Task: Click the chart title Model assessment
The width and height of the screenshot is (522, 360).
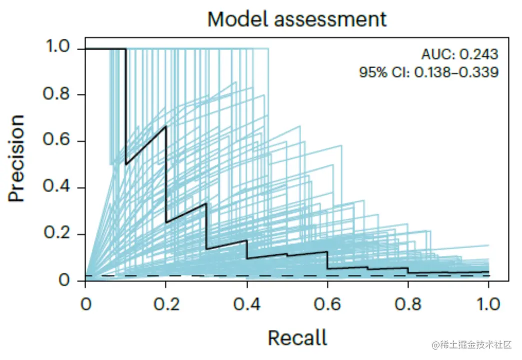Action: (x=297, y=19)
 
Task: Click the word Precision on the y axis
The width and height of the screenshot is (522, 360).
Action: (x=16, y=158)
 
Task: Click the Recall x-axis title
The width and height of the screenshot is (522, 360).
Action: (x=297, y=338)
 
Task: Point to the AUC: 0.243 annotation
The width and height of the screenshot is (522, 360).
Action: (x=459, y=54)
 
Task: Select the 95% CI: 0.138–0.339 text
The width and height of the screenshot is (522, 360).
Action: (x=428, y=72)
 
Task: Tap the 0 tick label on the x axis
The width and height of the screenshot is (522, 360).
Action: (x=85, y=303)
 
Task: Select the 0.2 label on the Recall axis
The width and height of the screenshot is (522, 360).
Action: (x=166, y=303)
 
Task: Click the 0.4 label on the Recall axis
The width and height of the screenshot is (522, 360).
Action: (x=246, y=303)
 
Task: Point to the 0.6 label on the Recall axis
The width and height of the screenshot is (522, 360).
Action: (x=327, y=303)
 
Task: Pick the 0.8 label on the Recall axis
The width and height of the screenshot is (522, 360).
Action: (x=408, y=303)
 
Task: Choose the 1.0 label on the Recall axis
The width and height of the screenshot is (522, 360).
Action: (x=488, y=303)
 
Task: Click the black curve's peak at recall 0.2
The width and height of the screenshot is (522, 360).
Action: (x=165, y=126)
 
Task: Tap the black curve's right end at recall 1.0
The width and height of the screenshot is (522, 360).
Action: (x=488, y=271)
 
